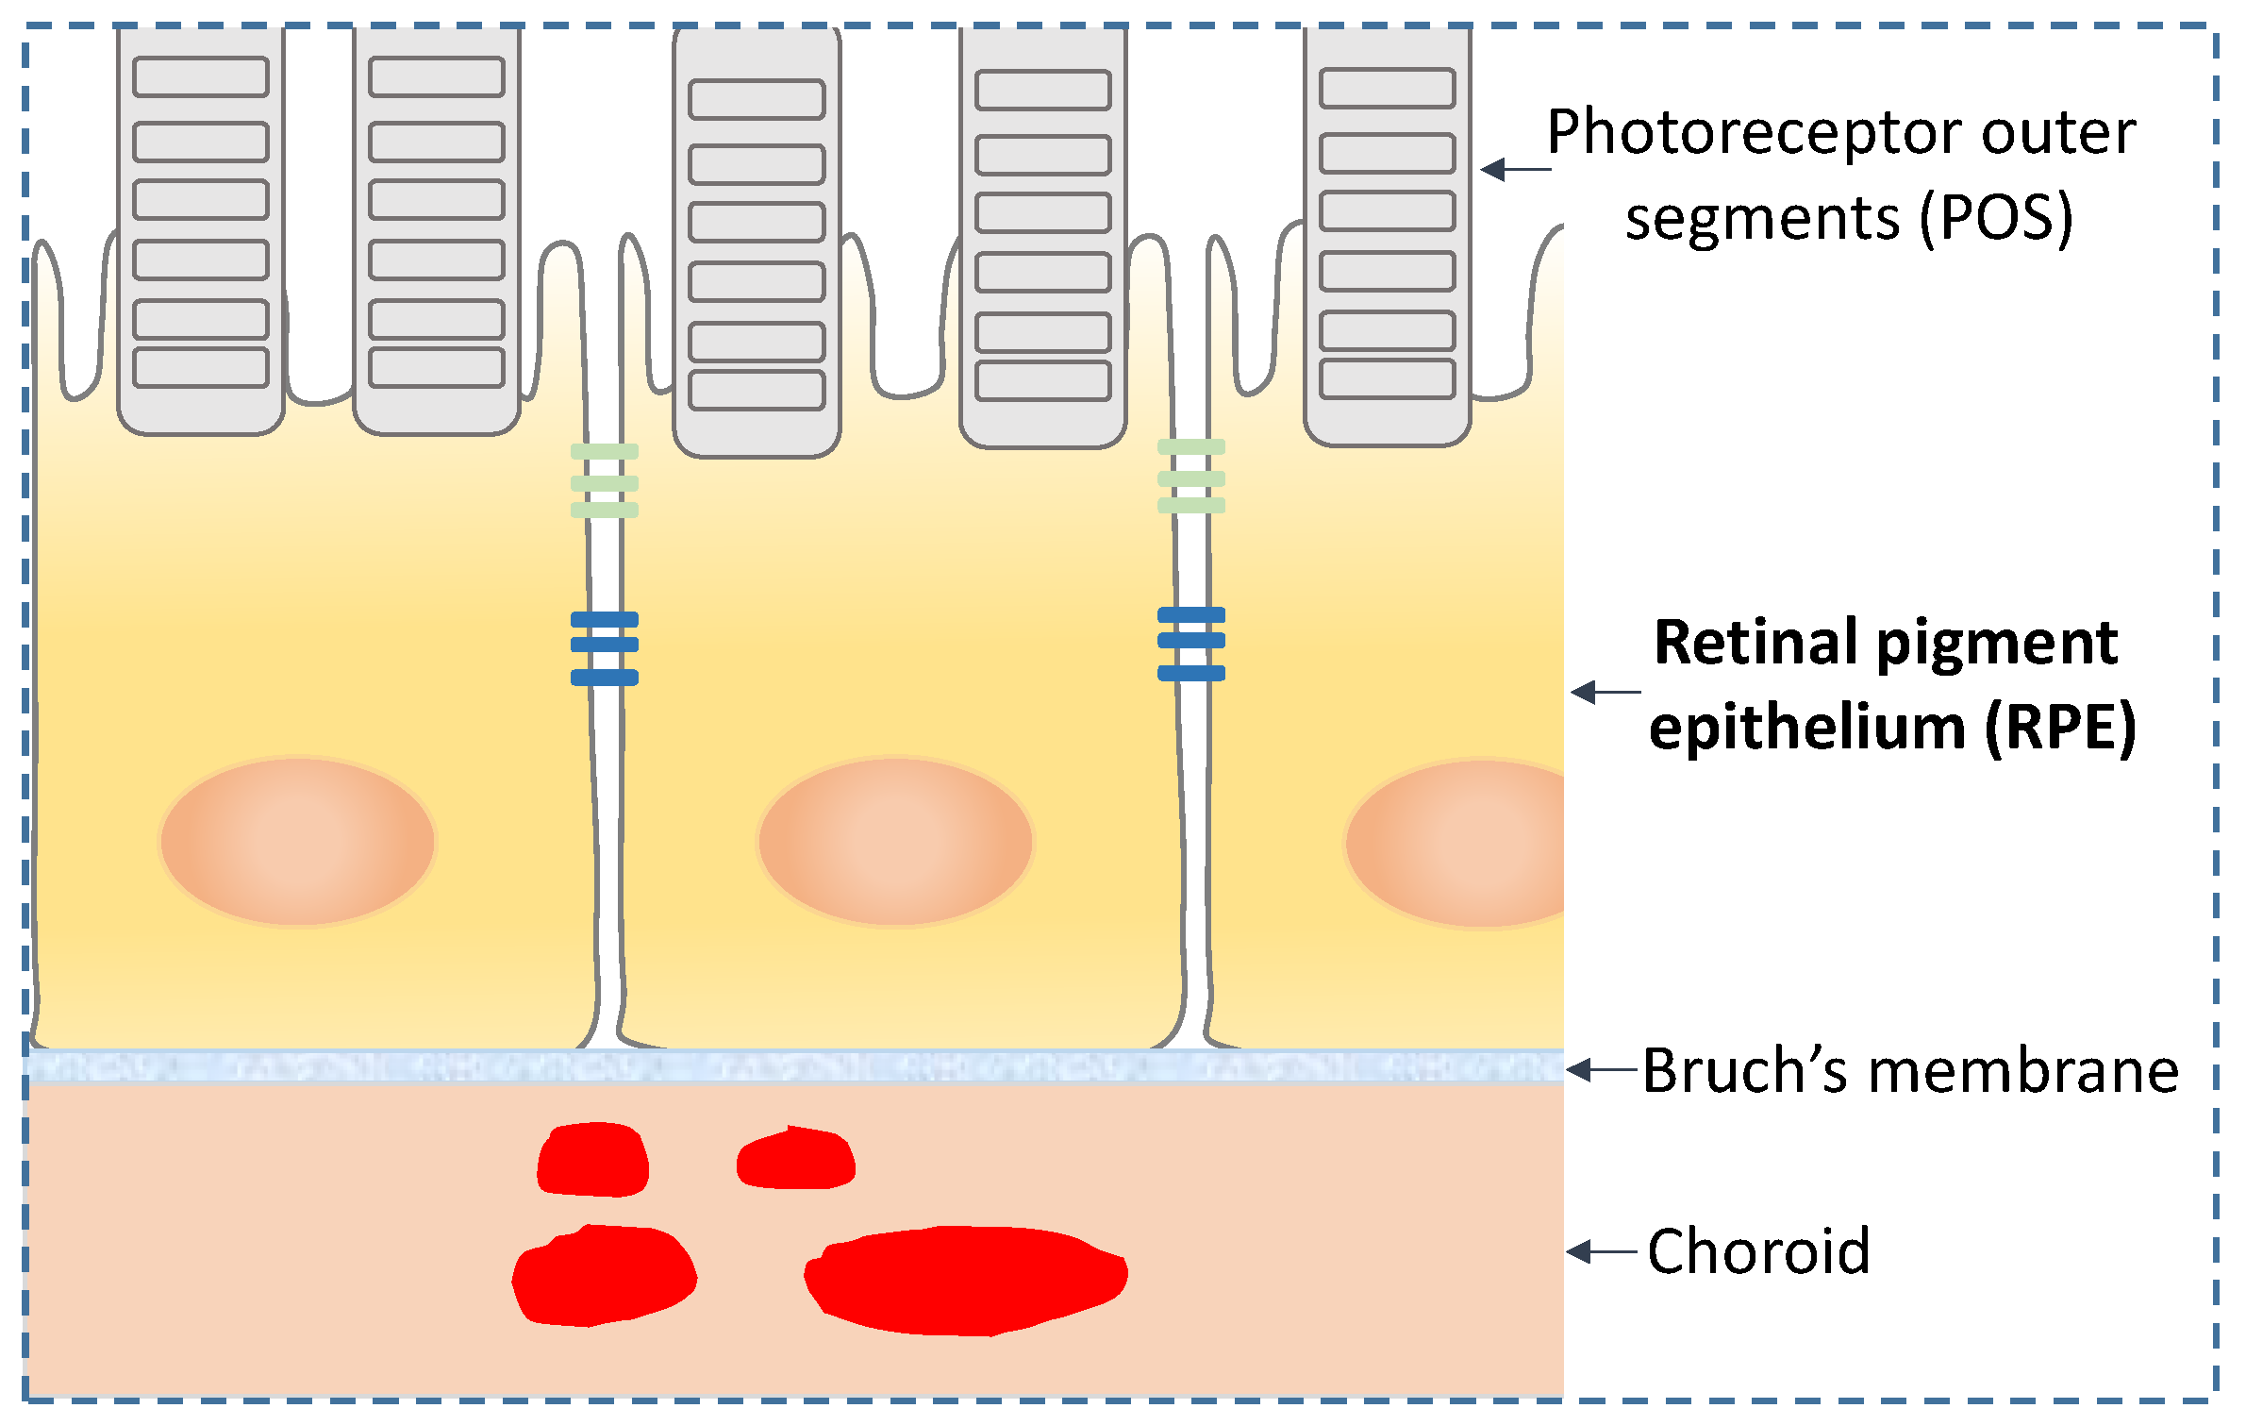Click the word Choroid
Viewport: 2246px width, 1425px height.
click(1758, 1251)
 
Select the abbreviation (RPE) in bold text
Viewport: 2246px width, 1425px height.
click(2060, 728)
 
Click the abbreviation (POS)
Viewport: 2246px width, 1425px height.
click(1996, 218)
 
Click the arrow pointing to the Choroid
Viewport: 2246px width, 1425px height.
click(1601, 1251)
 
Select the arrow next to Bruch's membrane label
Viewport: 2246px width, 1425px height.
click(1601, 1070)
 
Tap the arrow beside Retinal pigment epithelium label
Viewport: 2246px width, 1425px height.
click(1605, 692)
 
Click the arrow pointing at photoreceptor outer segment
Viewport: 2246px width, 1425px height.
click(1514, 170)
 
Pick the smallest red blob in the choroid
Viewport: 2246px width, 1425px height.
click(797, 1159)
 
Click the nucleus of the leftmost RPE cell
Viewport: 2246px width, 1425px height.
click(297, 841)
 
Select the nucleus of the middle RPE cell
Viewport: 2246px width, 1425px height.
click(895, 841)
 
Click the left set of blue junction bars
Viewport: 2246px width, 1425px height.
click(605, 648)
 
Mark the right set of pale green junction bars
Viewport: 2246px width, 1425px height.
click(1191, 477)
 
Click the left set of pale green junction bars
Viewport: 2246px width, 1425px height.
click(605, 481)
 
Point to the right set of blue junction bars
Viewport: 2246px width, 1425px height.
click(1191, 644)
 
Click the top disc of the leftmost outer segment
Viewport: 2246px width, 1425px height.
click(201, 76)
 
